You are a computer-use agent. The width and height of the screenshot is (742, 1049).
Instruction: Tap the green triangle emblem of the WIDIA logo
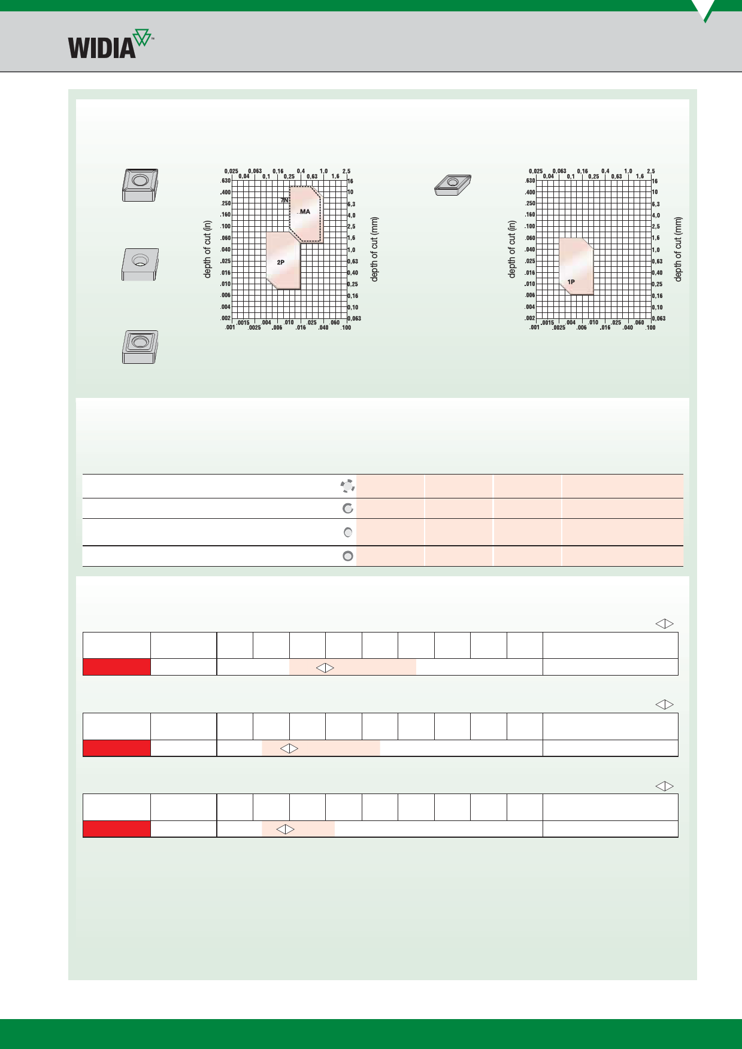[142, 37]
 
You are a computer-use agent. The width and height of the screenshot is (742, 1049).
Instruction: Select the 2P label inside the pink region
[280, 263]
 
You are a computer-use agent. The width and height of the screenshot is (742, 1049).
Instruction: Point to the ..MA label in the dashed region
[304, 212]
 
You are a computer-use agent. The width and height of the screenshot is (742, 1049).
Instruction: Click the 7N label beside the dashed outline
[284, 200]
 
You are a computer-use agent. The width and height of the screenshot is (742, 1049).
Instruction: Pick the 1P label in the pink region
[571, 282]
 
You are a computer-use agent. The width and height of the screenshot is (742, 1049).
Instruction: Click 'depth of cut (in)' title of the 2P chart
[208, 249]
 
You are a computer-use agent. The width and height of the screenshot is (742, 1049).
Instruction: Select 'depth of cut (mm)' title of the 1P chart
[678, 249]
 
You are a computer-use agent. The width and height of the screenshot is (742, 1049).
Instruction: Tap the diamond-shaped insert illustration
[453, 185]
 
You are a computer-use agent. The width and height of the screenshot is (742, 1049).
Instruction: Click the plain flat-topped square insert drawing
[140, 264]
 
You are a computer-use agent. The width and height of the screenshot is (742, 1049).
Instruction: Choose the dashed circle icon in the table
[347, 486]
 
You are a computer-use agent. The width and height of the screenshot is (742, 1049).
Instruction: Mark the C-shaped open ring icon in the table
[347, 509]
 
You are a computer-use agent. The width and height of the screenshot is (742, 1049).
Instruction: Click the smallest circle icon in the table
[348, 533]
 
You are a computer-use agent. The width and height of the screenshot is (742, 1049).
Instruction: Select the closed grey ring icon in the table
[347, 556]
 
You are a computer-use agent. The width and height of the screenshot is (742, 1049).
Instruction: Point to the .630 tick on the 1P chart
[530, 181]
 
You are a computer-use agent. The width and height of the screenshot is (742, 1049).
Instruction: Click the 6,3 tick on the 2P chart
[352, 204]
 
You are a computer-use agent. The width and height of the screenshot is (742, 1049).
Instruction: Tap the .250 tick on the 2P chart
[225, 203]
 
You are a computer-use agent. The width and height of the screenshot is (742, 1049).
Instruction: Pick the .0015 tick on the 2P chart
[243, 323]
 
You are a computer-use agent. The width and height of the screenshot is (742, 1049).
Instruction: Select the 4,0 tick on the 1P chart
[656, 215]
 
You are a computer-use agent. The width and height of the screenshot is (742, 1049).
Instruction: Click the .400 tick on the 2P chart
[225, 192]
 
